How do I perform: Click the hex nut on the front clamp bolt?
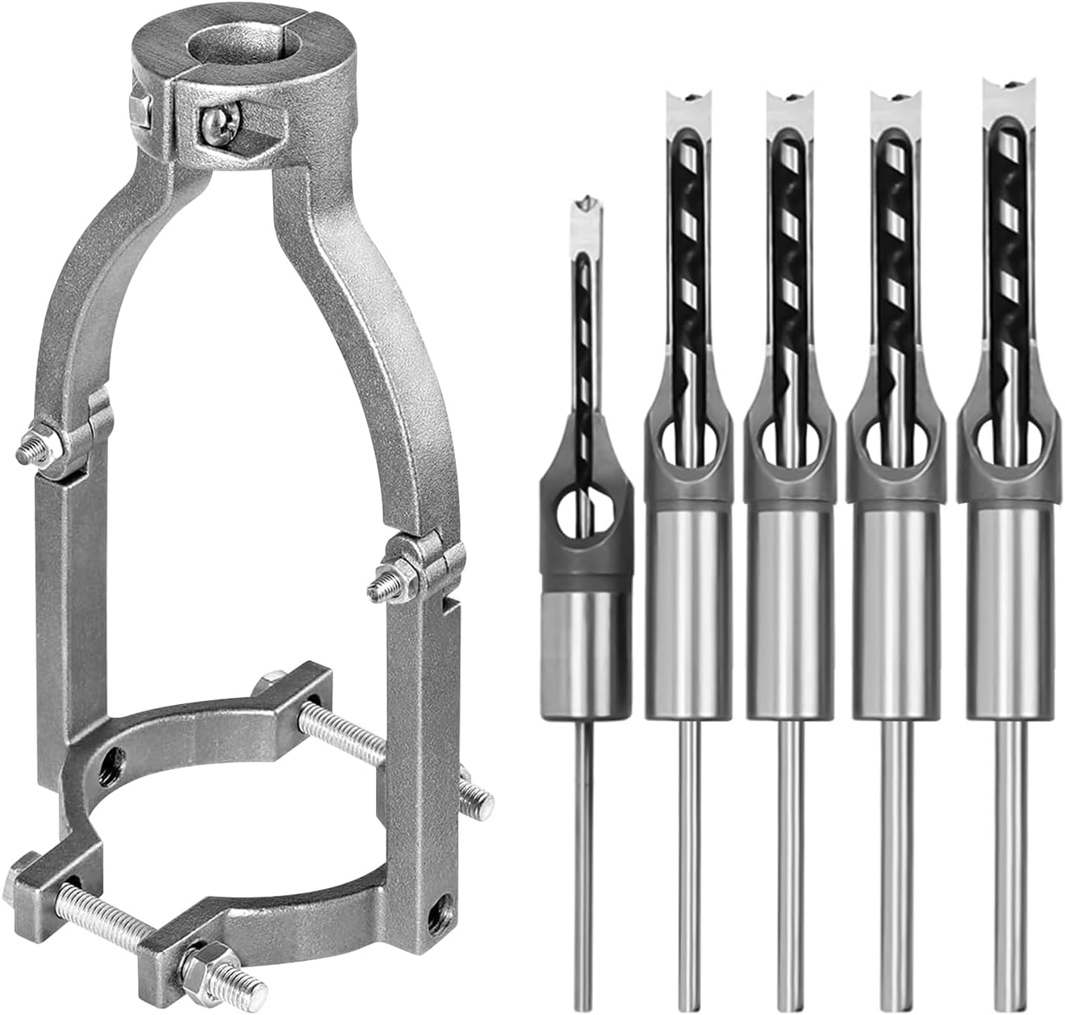click(198, 965)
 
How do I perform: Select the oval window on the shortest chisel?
click(585, 510)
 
